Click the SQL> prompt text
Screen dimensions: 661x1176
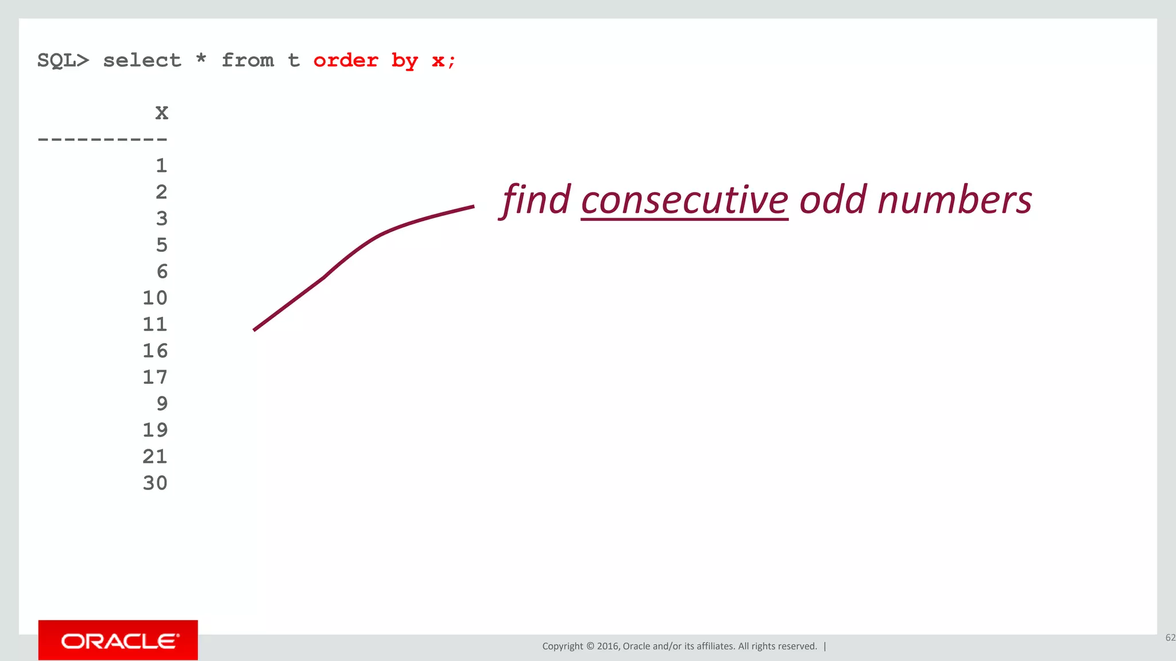(x=63, y=60)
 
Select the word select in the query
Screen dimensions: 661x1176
(x=142, y=60)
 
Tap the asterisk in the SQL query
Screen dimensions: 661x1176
(x=201, y=59)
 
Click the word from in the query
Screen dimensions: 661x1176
(x=247, y=60)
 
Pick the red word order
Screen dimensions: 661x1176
(x=346, y=60)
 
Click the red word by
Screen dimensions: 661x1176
(x=405, y=61)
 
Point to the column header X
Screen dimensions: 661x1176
(x=162, y=112)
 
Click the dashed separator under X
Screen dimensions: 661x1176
(x=102, y=139)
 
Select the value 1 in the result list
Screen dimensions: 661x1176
(x=161, y=166)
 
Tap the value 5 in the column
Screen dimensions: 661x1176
(x=162, y=245)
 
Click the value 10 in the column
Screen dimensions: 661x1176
(x=155, y=298)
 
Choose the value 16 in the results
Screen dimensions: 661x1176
(x=155, y=351)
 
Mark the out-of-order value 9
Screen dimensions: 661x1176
(x=162, y=403)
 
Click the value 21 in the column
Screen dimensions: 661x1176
(x=155, y=456)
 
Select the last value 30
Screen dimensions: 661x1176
(x=155, y=483)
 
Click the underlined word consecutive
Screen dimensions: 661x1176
(x=684, y=201)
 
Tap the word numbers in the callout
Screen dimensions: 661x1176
(x=954, y=201)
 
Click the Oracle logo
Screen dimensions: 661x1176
(x=118, y=640)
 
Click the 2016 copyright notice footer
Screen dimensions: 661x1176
(x=679, y=646)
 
